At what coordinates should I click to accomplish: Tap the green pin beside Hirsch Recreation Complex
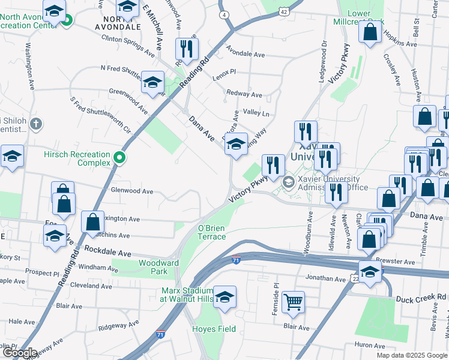[119, 158]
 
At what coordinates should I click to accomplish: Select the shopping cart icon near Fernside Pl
[293, 302]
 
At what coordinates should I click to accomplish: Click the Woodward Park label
[158, 267]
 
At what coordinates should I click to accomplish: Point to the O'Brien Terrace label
[212, 232]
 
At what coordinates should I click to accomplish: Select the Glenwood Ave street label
[132, 191]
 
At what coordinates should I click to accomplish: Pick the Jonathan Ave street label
[327, 278]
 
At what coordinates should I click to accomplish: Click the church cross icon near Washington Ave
[36, 125]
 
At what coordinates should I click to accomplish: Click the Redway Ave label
[244, 94]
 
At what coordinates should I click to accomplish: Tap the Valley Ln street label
[256, 113]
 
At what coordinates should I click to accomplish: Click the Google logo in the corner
[20, 353]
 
